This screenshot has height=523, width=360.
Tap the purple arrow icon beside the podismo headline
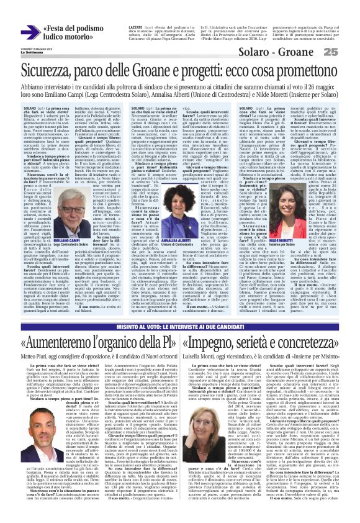(x=30, y=32)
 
